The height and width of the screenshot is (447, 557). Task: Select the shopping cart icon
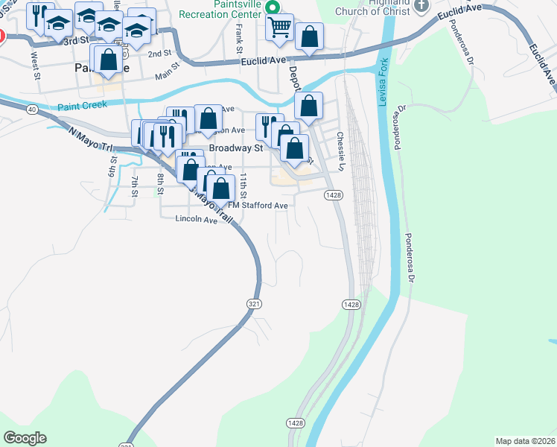point(279,28)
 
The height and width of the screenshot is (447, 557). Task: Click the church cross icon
point(421,5)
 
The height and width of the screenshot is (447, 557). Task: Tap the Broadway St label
point(237,148)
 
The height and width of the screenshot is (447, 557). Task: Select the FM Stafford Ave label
point(257,206)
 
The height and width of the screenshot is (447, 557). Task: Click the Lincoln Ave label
point(196,219)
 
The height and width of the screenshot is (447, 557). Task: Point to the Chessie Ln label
point(340,148)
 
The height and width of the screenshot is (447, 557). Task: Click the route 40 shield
point(31,109)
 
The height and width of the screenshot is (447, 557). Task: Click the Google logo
point(25,438)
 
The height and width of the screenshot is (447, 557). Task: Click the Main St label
point(168,73)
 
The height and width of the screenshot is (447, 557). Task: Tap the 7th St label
point(135,187)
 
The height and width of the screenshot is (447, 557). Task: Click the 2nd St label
point(159,54)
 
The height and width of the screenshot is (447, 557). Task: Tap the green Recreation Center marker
point(273,7)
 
